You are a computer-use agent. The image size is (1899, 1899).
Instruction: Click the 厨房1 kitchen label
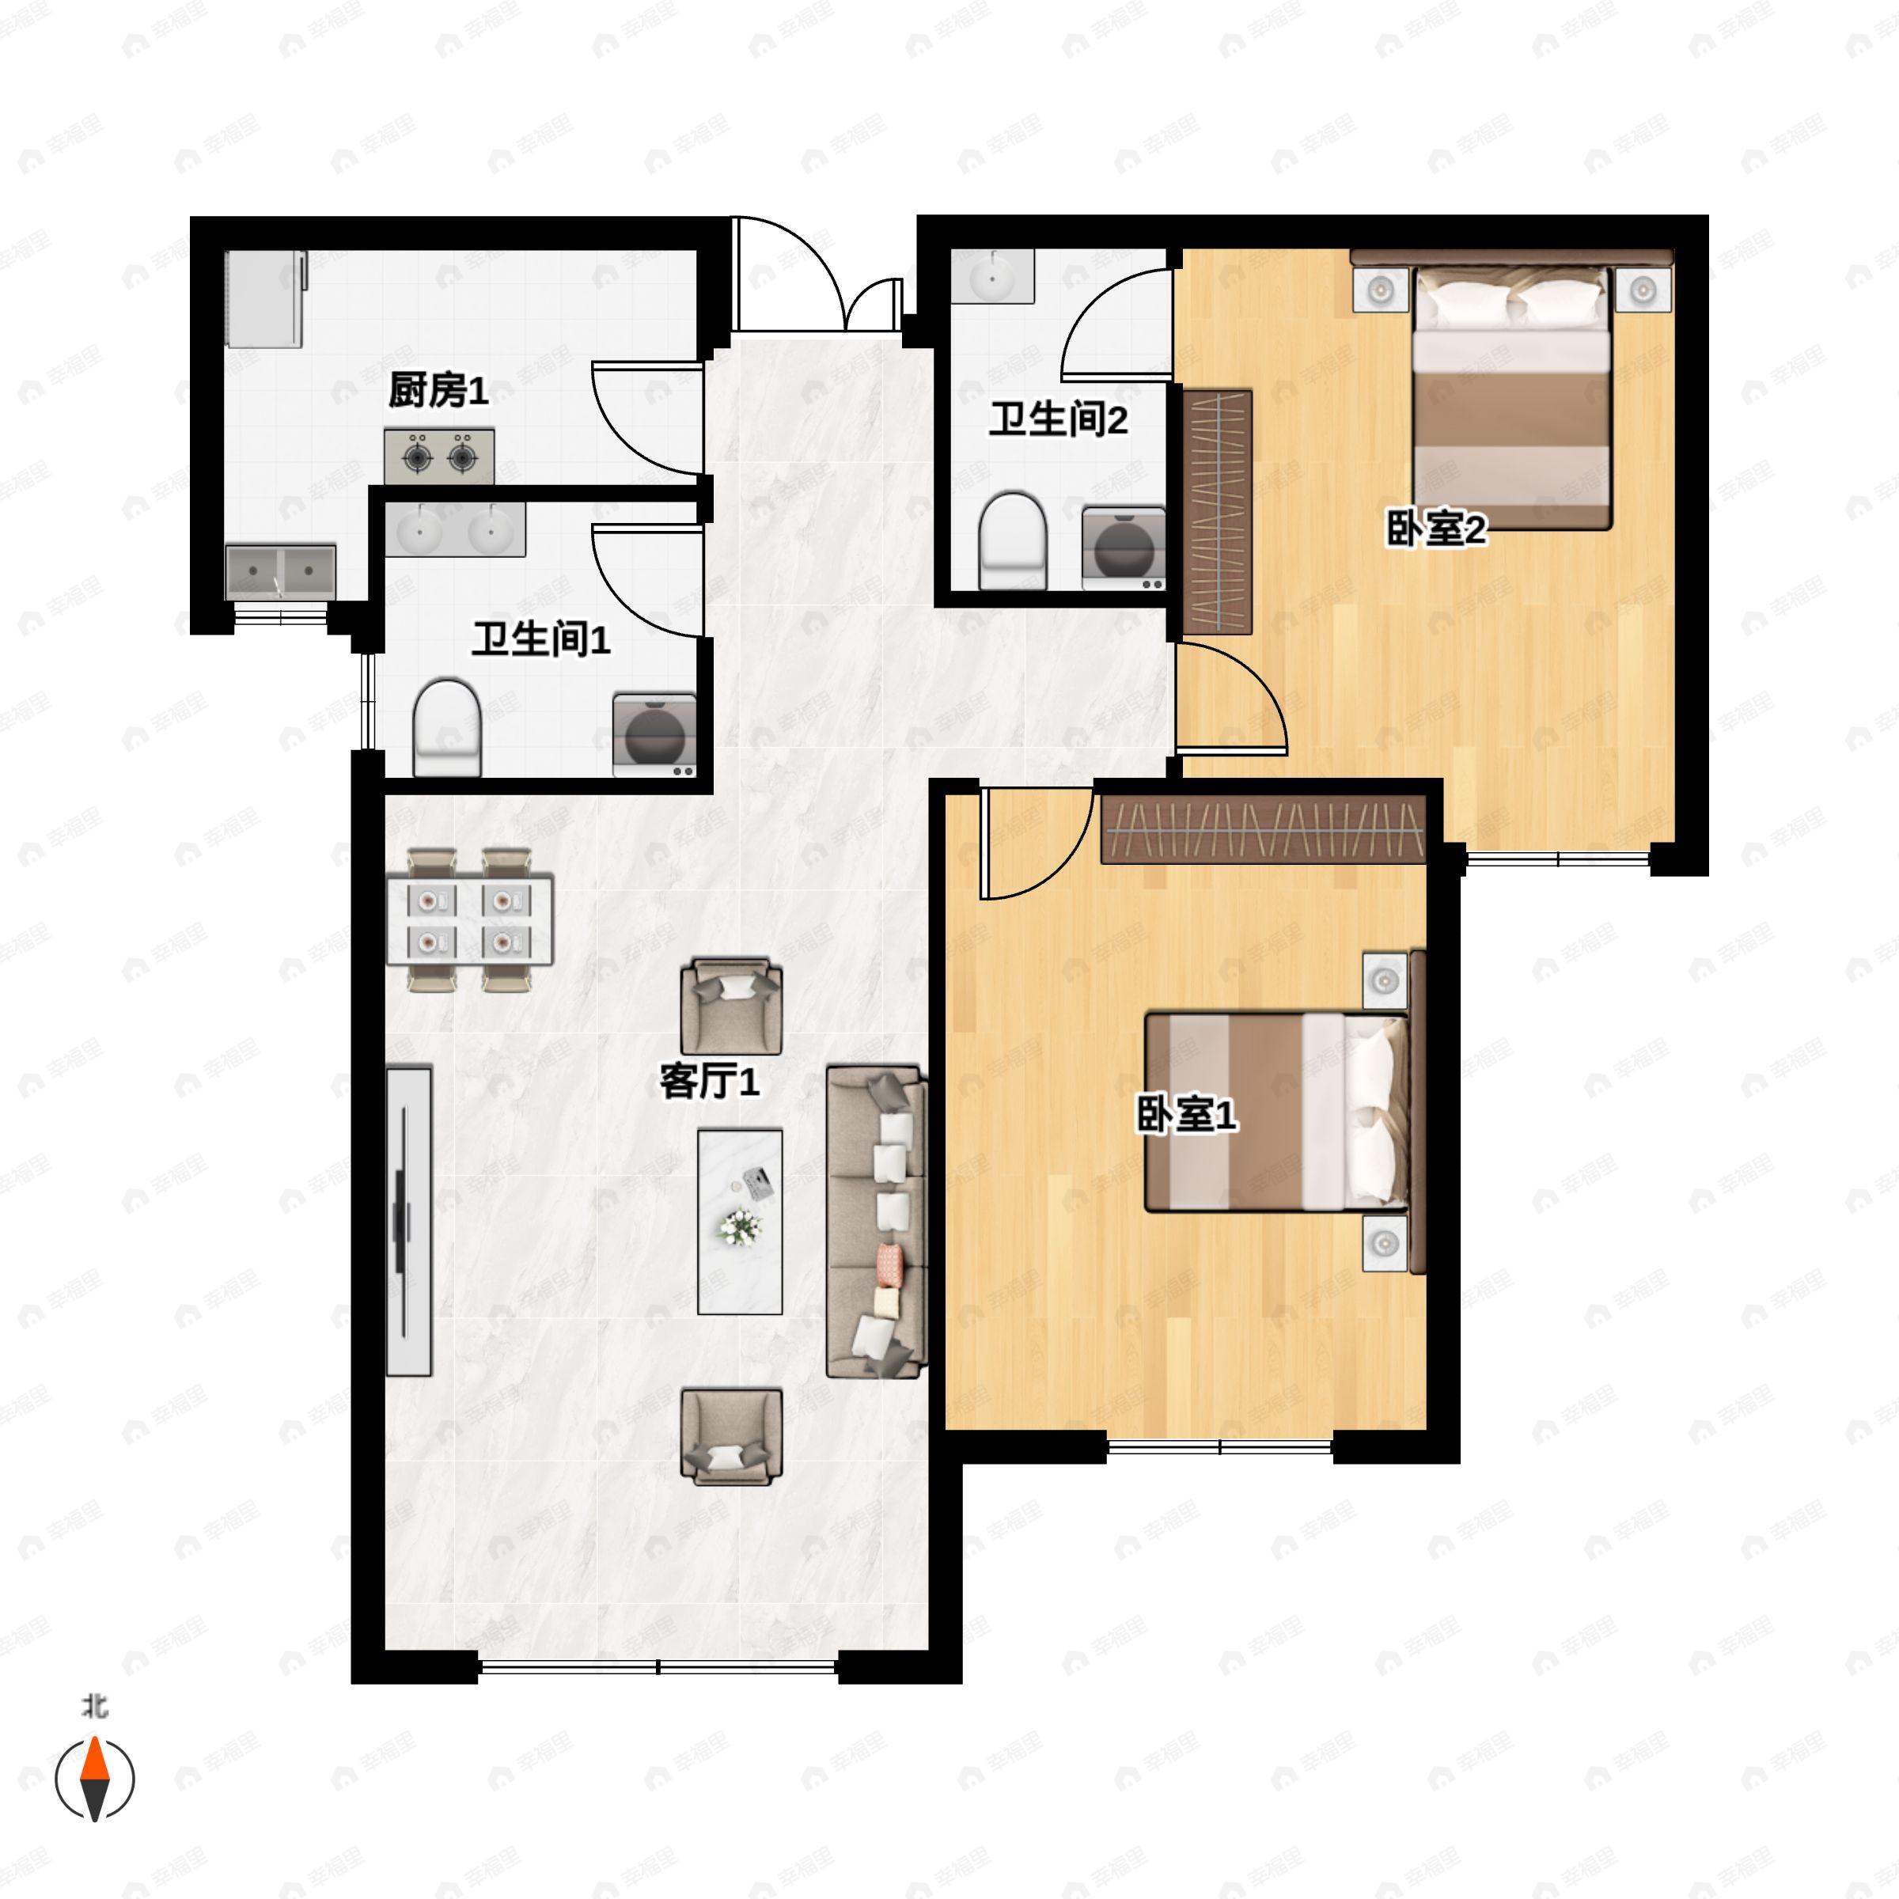pos(438,390)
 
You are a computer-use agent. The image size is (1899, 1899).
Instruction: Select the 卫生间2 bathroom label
pos(1058,419)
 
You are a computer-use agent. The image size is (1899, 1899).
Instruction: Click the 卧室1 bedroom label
pos(1186,1115)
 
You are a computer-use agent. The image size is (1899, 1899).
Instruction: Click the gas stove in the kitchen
pos(438,456)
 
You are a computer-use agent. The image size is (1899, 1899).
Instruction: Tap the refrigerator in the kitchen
pos(264,299)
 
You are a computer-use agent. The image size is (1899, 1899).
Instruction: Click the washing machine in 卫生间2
pos(1124,548)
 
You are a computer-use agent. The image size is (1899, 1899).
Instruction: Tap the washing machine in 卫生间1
pos(654,735)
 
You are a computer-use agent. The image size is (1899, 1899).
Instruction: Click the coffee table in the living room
pos(739,1221)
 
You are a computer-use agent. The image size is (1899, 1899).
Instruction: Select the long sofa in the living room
pos(877,1222)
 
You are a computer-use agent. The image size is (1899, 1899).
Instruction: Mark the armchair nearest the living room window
pos(731,1436)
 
